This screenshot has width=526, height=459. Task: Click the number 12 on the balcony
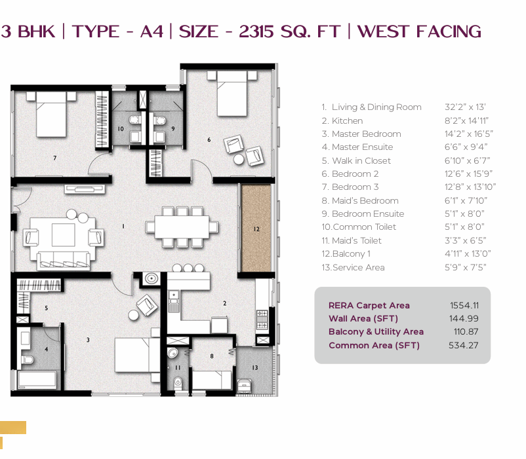click(x=256, y=229)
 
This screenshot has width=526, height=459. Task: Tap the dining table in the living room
click(x=182, y=227)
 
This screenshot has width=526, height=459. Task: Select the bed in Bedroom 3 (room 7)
click(x=51, y=114)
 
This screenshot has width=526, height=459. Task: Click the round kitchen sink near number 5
click(x=152, y=278)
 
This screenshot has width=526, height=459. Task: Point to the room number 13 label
click(x=255, y=367)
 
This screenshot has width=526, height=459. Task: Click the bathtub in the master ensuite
click(x=37, y=380)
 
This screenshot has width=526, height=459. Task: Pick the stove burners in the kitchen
click(x=262, y=320)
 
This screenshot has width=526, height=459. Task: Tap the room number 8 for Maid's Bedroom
click(x=212, y=356)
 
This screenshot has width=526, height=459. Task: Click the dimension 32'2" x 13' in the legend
click(x=465, y=107)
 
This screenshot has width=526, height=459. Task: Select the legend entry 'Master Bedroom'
click(x=367, y=134)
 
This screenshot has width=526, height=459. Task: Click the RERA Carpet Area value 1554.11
click(x=464, y=305)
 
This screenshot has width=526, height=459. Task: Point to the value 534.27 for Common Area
click(x=463, y=345)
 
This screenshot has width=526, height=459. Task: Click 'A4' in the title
click(x=152, y=32)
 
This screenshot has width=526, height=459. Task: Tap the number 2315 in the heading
click(x=256, y=32)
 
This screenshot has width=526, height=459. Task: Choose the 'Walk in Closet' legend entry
click(x=361, y=160)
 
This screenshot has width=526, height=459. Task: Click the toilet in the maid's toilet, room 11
click(x=178, y=382)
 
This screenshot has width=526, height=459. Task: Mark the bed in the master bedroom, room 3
click(x=138, y=355)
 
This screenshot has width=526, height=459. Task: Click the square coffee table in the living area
click(x=63, y=235)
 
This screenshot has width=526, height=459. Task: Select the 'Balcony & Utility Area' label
click(x=376, y=332)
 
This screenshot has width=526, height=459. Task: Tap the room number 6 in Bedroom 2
click(x=209, y=139)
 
